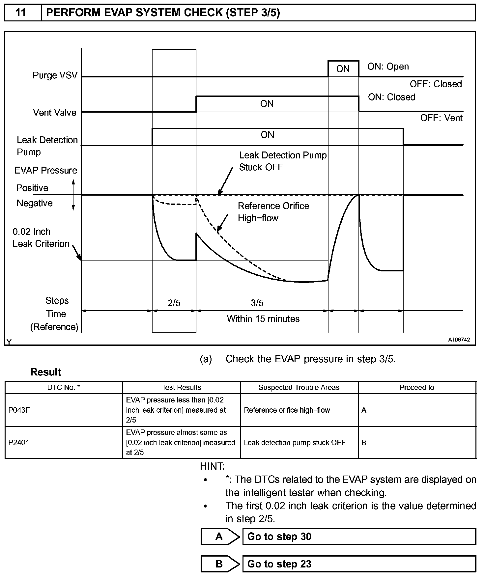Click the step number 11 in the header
[21, 13]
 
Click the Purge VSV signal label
[55, 75]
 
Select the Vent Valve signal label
[55, 113]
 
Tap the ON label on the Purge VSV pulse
[343, 69]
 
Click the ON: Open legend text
[388, 67]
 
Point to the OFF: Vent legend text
[441, 118]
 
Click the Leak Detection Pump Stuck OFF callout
[283, 161]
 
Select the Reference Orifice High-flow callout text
[273, 212]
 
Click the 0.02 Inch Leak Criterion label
[41, 237]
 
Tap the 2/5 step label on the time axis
[174, 303]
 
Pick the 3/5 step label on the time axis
[257, 303]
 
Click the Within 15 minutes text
[263, 319]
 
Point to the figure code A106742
[459, 340]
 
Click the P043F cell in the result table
[19, 410]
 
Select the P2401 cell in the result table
[19, 442]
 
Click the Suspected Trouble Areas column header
[299, 388]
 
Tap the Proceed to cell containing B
[364, 442]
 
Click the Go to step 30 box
[359, 537]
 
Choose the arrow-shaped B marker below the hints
[220, 564]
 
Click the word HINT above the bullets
[212, 466]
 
